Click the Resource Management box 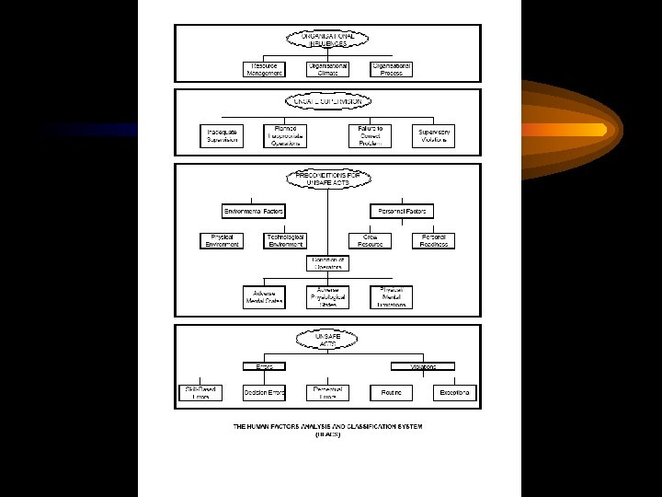point(264,69)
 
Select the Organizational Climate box point(328,69)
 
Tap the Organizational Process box point(392,69)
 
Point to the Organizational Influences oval point(328,39)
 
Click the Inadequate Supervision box point(222,135)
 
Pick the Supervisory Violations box point(434,135)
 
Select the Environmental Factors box point(254,211)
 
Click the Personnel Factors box point(402,211)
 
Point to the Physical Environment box point(222,240)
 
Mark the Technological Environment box point(285,240)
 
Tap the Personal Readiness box point(434,240)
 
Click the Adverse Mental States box point(264,297)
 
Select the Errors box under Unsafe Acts point(264,365)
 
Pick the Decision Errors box point(264,393)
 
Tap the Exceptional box point(455,393)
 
